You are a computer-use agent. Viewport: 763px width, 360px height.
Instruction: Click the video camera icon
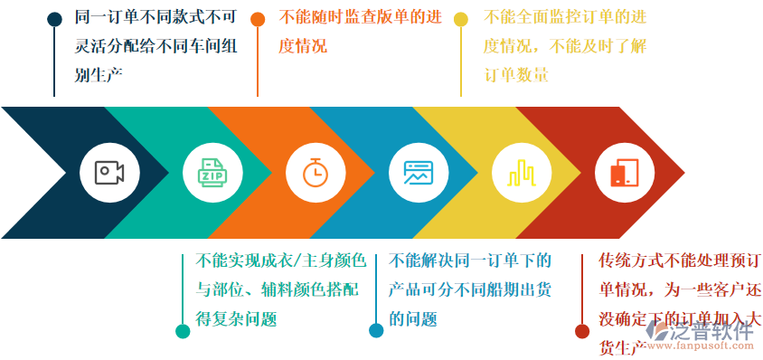click(x=108, y=172)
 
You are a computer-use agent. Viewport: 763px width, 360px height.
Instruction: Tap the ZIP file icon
click(x=212, y=172)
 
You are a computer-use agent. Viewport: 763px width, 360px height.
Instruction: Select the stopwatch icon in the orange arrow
click(x=315, y=172)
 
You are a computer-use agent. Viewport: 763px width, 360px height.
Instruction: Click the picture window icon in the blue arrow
click(x=418, y=172)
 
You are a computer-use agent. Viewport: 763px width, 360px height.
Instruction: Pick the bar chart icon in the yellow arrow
click(x=521, y=172)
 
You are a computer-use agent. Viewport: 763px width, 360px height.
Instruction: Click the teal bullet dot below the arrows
click(x=183, y=331)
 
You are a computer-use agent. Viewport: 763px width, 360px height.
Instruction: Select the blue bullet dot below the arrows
click(x=376, y=331)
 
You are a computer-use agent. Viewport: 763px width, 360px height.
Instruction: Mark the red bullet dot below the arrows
click(x=582, y=331)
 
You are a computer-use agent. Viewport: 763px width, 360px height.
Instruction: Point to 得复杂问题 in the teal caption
click(x=236, y=318)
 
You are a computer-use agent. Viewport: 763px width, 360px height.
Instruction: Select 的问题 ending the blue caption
click(x=413, y=318)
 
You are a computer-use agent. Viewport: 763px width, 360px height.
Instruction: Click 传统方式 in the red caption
click(x=631, y=261)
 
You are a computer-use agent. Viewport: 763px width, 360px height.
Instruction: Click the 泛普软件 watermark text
click(x=714, y=330)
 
